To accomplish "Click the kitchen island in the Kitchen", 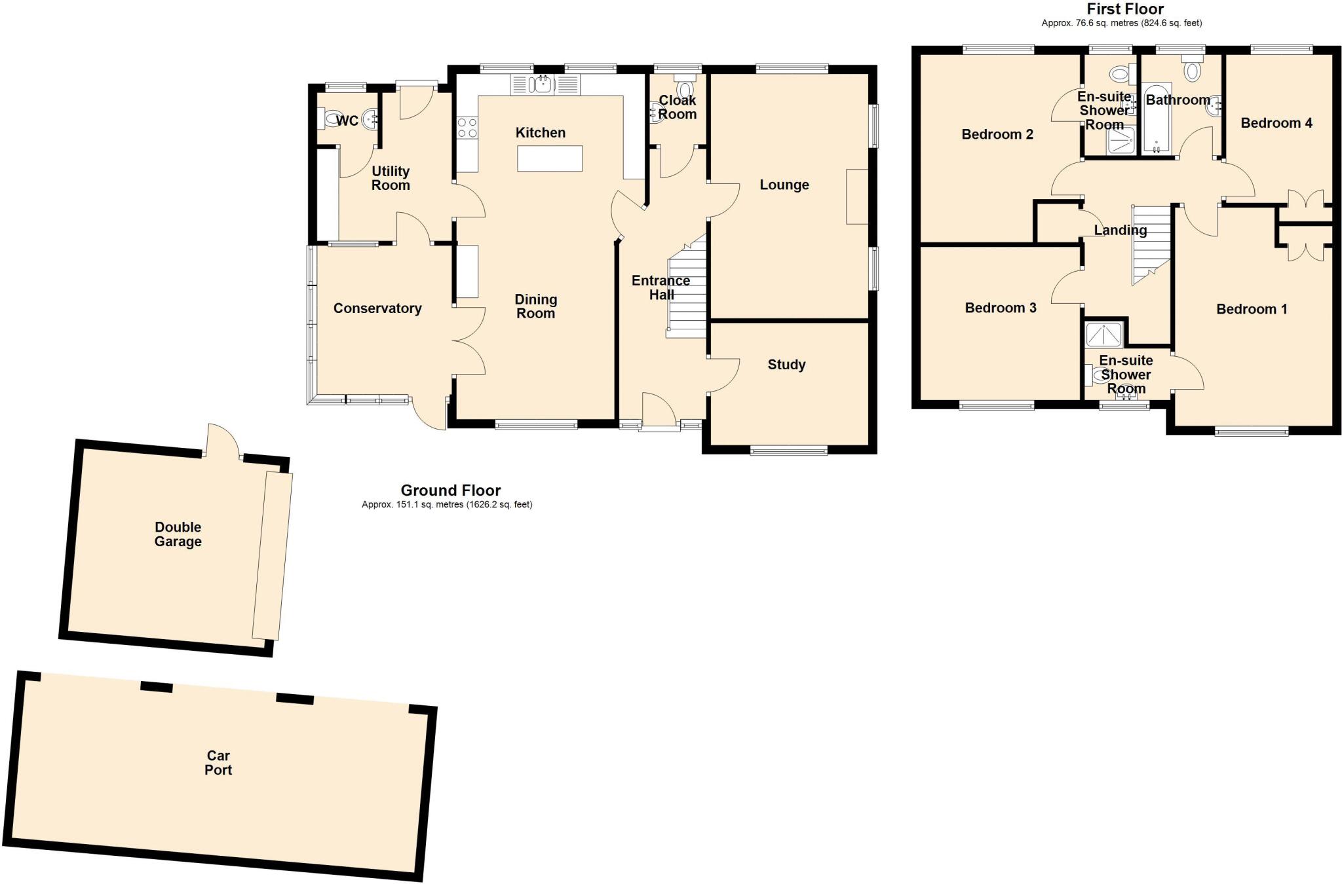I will click(x=550, y=158).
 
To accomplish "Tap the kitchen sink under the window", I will click(x=543, y=84).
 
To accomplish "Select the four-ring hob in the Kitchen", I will click(x=467, y=128).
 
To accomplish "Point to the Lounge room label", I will click(x=784, y=185).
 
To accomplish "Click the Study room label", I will click(x=786, y=365).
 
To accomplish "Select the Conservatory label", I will click(x=377, y=308).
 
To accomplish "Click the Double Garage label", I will click(x=178, y=534).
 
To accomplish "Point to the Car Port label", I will click(x=218, y=763).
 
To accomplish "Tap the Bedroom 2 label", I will click(x=997, y=134).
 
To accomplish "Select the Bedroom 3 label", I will click(x=1000, y=308).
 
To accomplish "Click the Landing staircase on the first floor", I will click(x=1151, y=242).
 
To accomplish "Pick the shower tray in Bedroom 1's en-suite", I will click(x=1104, y=334).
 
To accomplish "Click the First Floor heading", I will click(x=1124, y=9).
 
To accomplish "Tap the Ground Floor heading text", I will click(x=450, y=490).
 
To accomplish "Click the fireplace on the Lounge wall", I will click(x=857, y=196).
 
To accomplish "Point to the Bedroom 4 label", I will click(x=1276, y=123).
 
